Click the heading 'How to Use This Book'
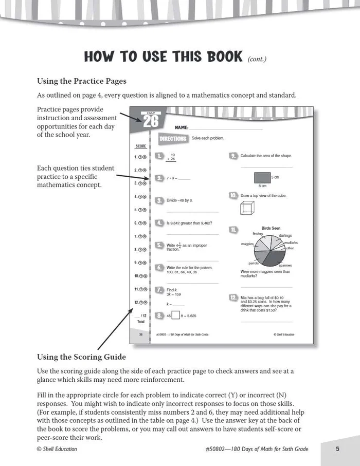click(163, 56)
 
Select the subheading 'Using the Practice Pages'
click(81, 81)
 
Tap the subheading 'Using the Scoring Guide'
click(81, 357)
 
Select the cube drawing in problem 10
click(247, 207)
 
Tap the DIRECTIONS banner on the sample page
click(172, 139)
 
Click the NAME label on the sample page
click(182, 126)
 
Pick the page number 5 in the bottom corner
click(337, 449)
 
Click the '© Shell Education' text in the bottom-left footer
click(57, 449)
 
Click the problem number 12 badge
click(233, 298)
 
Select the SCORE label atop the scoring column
click(140, 146)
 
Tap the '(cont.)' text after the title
click(257, 59)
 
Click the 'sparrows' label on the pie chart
click(285, 266)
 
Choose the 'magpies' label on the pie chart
click(247, 244)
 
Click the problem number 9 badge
click(233, 156)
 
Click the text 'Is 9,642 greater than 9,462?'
click(189, 223)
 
